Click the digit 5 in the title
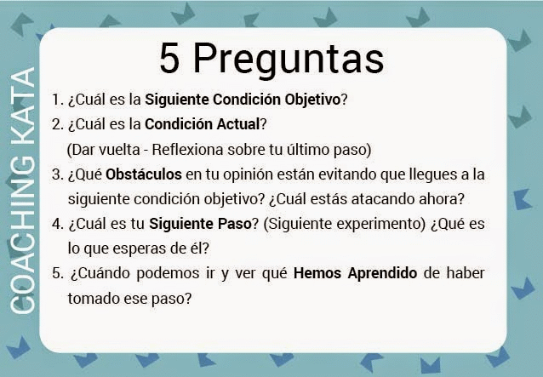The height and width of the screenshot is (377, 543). coord(169,58)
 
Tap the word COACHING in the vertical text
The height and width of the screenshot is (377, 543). coord(22,236)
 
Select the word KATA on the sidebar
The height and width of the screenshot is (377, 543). coord(22,108)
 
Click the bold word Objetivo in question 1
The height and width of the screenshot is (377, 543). coord(312,100)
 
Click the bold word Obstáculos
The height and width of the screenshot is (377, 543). coord(144,174)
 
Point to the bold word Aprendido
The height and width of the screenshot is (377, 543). coord(382,273)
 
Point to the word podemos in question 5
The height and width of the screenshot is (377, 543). coord(168,274)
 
